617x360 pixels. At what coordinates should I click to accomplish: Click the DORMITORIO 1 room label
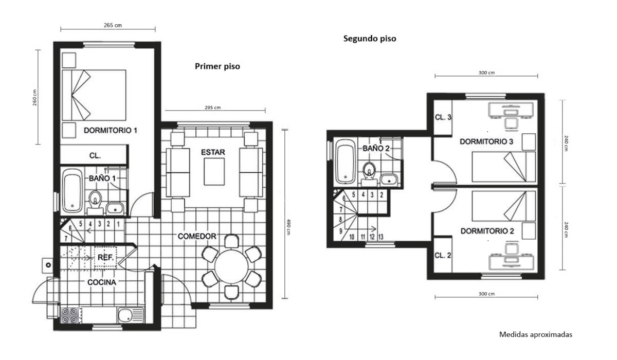pos(111,130)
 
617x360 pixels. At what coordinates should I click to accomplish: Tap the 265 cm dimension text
pos(113,25)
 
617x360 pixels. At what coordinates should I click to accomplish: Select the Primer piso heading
pos(217,66)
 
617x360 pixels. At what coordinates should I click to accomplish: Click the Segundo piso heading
pos(370,39)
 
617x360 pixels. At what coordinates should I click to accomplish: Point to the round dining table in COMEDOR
pos(231,266)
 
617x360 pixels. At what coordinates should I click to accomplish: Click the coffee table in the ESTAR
pos(214,172)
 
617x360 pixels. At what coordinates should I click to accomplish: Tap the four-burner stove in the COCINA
pos(69,316)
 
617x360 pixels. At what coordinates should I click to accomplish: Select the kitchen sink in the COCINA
pos(130,315)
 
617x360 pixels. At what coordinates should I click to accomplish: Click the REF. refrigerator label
pos(105,258)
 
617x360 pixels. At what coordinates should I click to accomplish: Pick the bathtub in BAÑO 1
pos(72,190)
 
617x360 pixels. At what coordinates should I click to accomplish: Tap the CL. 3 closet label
pos(443,117)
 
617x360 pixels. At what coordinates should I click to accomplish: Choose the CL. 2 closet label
pos(443,255)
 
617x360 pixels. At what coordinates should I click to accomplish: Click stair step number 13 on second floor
pos(380,237)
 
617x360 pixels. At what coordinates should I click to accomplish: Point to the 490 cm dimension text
pos(288,227)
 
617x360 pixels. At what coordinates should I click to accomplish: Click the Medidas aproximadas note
pos(536,335)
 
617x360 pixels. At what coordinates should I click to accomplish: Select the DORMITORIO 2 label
pos(487,231)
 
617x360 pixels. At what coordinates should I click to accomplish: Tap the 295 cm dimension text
pos(213,107)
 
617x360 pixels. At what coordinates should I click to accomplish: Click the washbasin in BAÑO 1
pos(115,208)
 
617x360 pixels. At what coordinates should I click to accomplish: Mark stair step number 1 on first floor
pos(118,224)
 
